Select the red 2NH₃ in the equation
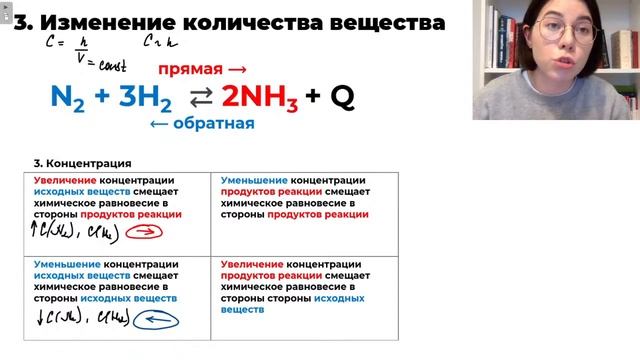pyautogui.click(x=259, y=97)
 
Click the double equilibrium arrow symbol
pyautogui.click(x=198, y=97)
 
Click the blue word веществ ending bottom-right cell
pyautogui.click(x=240, y=310)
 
